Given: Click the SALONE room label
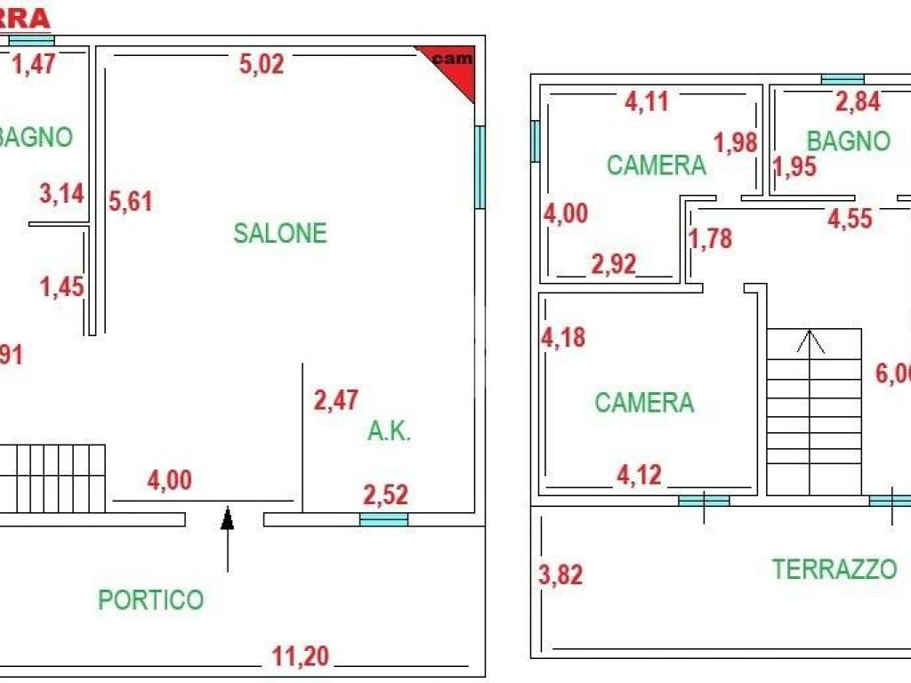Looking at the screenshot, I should pyautogui.click(x=279, y=233).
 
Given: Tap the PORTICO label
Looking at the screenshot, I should pyautogui.click(x=150, y=599).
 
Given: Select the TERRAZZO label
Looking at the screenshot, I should pyautogui.click(x=834, y=569).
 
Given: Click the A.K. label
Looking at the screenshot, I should pyautogui.click(x=389, y=432).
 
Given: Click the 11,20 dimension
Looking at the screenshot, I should pyautogui.click(x=300, y=657).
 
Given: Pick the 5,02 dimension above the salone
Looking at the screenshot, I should pyautogui.click(x=262, y=65).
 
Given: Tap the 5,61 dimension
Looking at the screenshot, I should pyautogui.click(x=130, y=201).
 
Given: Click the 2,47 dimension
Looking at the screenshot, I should pyautogui.click(x=335, y=400).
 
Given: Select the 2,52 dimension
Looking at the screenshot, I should pyautogui.click(x=385, y=494).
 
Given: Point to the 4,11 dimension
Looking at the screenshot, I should pyautogui.click(x=647, y=102).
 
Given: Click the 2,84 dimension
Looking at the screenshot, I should pyautogui.click(x=858, y=102).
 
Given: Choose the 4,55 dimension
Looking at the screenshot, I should pyautogui.click(x=850, y=220).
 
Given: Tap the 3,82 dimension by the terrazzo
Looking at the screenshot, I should pyautogui.click(x=560, y=575).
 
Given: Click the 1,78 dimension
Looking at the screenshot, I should pyautogui.click(x=710, y=238).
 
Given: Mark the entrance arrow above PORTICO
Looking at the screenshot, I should pyautogui.click(x=228, y=534).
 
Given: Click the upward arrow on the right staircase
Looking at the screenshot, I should pyautogui.click(x=810, y=341).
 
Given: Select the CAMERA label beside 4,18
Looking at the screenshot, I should pyautogui.click(x=644, y=402).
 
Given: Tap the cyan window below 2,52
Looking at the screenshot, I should pyautogui.click(x=383, y=519).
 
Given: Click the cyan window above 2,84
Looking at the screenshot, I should pyautogui.click(x=842, y=79).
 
